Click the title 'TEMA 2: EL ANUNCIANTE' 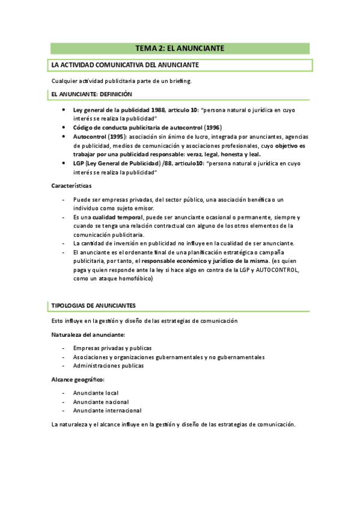(180, 48)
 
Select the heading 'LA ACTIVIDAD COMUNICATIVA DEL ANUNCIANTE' (126, 65)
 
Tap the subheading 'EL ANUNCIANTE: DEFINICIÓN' (91, 94)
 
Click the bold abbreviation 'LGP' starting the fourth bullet (79, 163)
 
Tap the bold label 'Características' (72, 186)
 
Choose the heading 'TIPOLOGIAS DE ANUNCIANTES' (94, 306)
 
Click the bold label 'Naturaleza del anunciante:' (88, 334)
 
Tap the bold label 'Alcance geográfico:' (78, 379)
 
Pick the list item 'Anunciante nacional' (101, 402)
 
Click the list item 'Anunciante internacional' (107, 411)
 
